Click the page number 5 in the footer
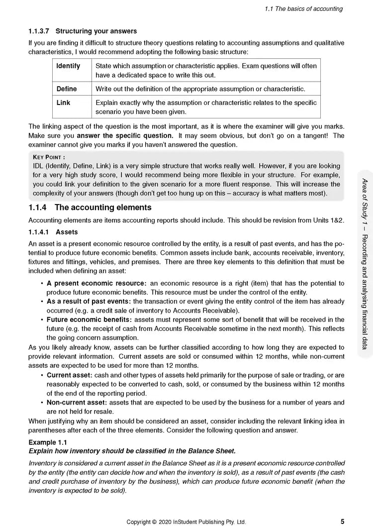click(x=342, y=522)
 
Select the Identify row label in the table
click(x=68, y=66)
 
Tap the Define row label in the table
click(x=67, y=89)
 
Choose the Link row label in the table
click(x=63, y=103)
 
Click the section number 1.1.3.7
click(x=42, y=32)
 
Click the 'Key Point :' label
click(x=48, y=157)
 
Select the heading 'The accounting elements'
click(x=103, y=207)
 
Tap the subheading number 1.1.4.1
click(x=41, y=232)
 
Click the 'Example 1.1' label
click(x=48, y=442)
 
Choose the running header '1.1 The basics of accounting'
click(x=303, y=8)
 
